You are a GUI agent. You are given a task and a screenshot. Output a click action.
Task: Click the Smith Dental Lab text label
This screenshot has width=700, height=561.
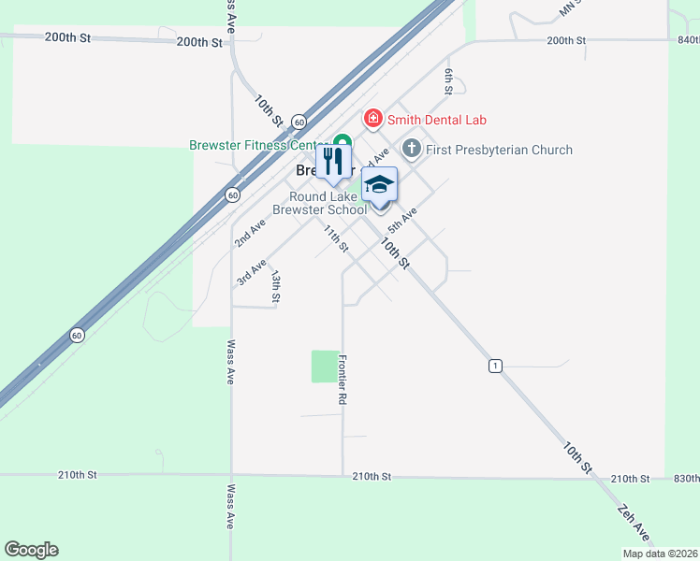coord(437,120)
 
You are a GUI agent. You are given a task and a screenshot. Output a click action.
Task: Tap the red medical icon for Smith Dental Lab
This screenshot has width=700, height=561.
coord(373,119)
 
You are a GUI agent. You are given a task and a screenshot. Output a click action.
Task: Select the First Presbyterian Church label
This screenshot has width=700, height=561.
coord(499,150)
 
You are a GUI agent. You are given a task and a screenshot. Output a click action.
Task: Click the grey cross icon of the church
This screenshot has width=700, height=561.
coord(412,149)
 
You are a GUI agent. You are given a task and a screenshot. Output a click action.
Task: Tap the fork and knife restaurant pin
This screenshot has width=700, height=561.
coord(333,163)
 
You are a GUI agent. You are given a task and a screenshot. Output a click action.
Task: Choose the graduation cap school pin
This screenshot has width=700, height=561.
coord(379,183)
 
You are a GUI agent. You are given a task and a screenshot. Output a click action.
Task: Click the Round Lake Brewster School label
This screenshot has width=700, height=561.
coord(328,203)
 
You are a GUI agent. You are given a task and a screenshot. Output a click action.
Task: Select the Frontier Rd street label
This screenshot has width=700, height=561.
coord(343,380)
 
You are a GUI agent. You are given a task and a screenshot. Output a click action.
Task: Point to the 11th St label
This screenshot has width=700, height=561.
coord(336,238)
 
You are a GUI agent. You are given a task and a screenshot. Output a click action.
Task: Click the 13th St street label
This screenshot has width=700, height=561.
coord(276,286)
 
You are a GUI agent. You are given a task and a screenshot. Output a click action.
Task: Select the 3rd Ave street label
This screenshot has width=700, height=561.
coord(252,272)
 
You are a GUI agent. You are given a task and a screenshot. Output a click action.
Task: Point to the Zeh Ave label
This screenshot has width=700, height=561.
coord(634,523)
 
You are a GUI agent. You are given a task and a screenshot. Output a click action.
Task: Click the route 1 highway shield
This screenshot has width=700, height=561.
coord(493,365)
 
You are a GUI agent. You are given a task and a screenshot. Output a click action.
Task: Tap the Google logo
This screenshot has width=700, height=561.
coord(31,550)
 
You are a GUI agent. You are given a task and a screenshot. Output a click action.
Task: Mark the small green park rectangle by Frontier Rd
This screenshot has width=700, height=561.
coord(325,366)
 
